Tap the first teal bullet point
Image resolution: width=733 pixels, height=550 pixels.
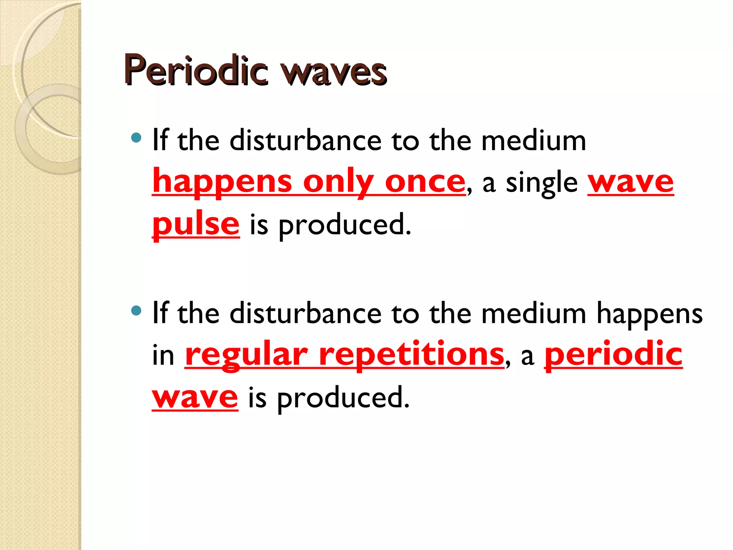click(136, 137)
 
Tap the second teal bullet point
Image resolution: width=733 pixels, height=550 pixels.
click(136, 310)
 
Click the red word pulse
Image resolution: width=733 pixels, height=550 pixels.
click(195, 224)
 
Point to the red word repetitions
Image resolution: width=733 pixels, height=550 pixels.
click(411, 354)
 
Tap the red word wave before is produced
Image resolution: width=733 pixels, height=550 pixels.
click(195, 397)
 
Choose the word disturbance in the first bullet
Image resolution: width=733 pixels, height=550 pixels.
click(306, 140)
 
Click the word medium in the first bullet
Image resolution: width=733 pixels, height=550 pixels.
click(533, 140)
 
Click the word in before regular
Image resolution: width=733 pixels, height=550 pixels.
click(163, 356)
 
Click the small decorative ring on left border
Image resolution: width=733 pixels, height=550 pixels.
click(49, 129)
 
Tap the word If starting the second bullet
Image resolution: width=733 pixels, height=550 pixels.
click(160, 313)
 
